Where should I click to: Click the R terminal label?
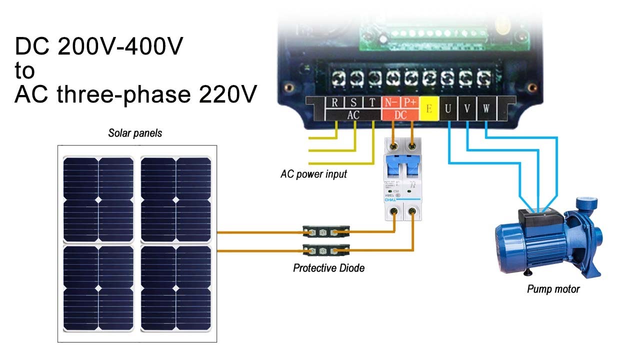[334, 103]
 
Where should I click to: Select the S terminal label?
[353, 103]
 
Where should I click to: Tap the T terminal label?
[372, 103]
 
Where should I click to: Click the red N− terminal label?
[390, 102]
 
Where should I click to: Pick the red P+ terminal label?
[410, 102]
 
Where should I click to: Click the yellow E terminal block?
[428, 108]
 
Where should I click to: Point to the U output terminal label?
[448, 108]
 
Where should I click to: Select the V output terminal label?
[466, 108]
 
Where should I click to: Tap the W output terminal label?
[485, 108]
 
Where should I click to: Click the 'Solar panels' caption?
[135, 133]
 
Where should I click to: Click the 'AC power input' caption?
[313, 174]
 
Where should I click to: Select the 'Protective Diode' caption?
[328, 268]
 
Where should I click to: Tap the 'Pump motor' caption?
[553, 289]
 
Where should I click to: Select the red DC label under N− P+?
[400, 114]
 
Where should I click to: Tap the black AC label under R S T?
[353, 114]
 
